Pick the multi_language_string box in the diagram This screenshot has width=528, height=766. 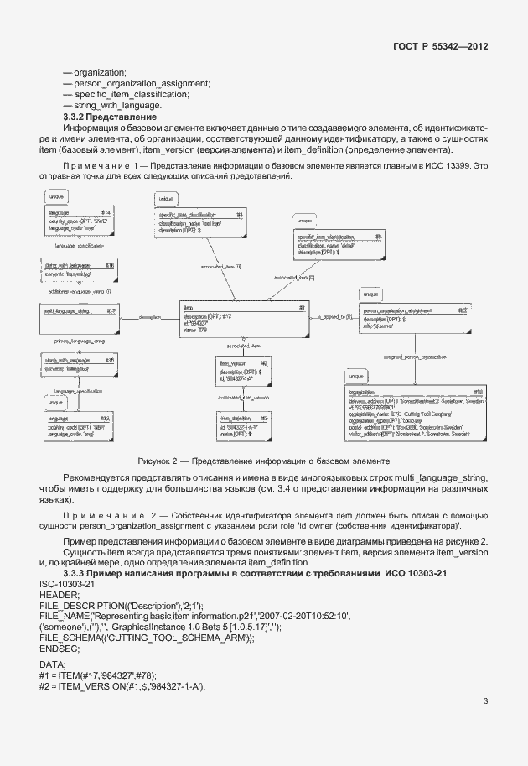coord(79,311)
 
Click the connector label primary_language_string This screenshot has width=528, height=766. coord(79,341)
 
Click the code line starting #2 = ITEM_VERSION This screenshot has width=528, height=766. coord(122,686)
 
